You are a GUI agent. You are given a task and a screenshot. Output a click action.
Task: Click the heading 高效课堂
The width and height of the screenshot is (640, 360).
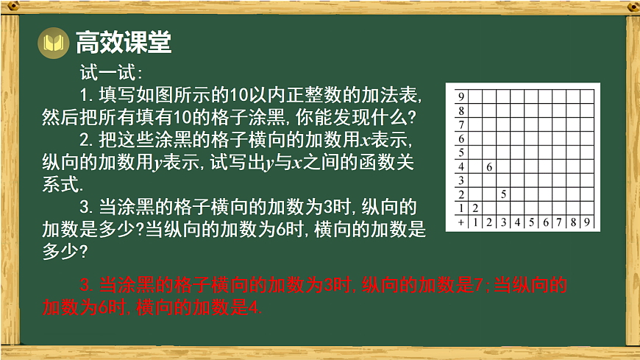pos(124,43)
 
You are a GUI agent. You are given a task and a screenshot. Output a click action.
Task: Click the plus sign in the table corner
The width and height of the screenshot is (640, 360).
pos(461,222)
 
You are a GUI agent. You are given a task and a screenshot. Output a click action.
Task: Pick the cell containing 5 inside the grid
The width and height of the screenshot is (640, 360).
pos(503,194)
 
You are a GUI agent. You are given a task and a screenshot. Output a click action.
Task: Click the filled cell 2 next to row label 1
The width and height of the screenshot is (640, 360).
pos(475,208)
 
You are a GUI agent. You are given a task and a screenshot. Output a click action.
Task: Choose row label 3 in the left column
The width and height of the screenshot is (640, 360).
pos(461,180)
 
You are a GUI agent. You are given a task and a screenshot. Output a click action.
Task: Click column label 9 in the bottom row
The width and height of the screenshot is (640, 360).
pos(587,222)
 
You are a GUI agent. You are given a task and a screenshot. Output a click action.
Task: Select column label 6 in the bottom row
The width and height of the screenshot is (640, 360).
pos(545,222)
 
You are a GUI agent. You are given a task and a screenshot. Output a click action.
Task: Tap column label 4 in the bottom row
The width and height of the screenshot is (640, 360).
pos(517,222)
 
